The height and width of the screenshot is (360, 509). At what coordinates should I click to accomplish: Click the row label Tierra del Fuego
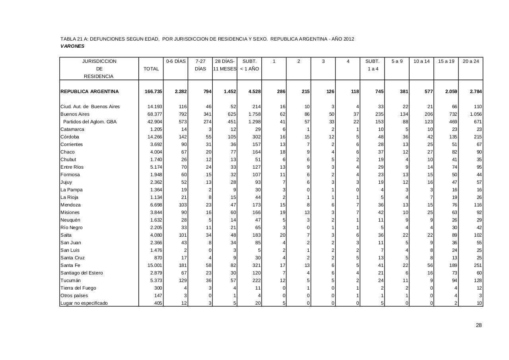(78, 288)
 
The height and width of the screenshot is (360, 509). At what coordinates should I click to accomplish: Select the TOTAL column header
(151, 69)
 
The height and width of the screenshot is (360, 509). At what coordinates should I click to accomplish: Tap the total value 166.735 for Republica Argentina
(153, 91)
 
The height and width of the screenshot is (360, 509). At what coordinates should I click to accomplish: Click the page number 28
(479, 325)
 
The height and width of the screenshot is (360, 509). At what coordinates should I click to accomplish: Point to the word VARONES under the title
(72, 46)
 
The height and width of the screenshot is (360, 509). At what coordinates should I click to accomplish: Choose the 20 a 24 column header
(471, 61)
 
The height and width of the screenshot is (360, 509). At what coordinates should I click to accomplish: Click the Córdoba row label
(70, 137)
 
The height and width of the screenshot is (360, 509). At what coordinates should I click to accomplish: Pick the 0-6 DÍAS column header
(176, 61)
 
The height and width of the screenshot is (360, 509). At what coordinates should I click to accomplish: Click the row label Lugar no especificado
(84, 303)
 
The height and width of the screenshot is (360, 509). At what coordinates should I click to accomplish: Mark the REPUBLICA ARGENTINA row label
(89, 91)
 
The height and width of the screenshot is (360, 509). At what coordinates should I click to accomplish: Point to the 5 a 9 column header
(397, 61)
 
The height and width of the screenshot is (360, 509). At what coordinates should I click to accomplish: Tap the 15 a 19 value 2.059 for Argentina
(451, 91)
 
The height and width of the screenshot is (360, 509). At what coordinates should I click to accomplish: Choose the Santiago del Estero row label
(82, 273)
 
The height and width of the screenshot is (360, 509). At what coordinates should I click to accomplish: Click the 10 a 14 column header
(422, 61)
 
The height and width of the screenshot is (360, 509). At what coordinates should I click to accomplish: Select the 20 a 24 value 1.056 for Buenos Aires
(476, 114)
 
